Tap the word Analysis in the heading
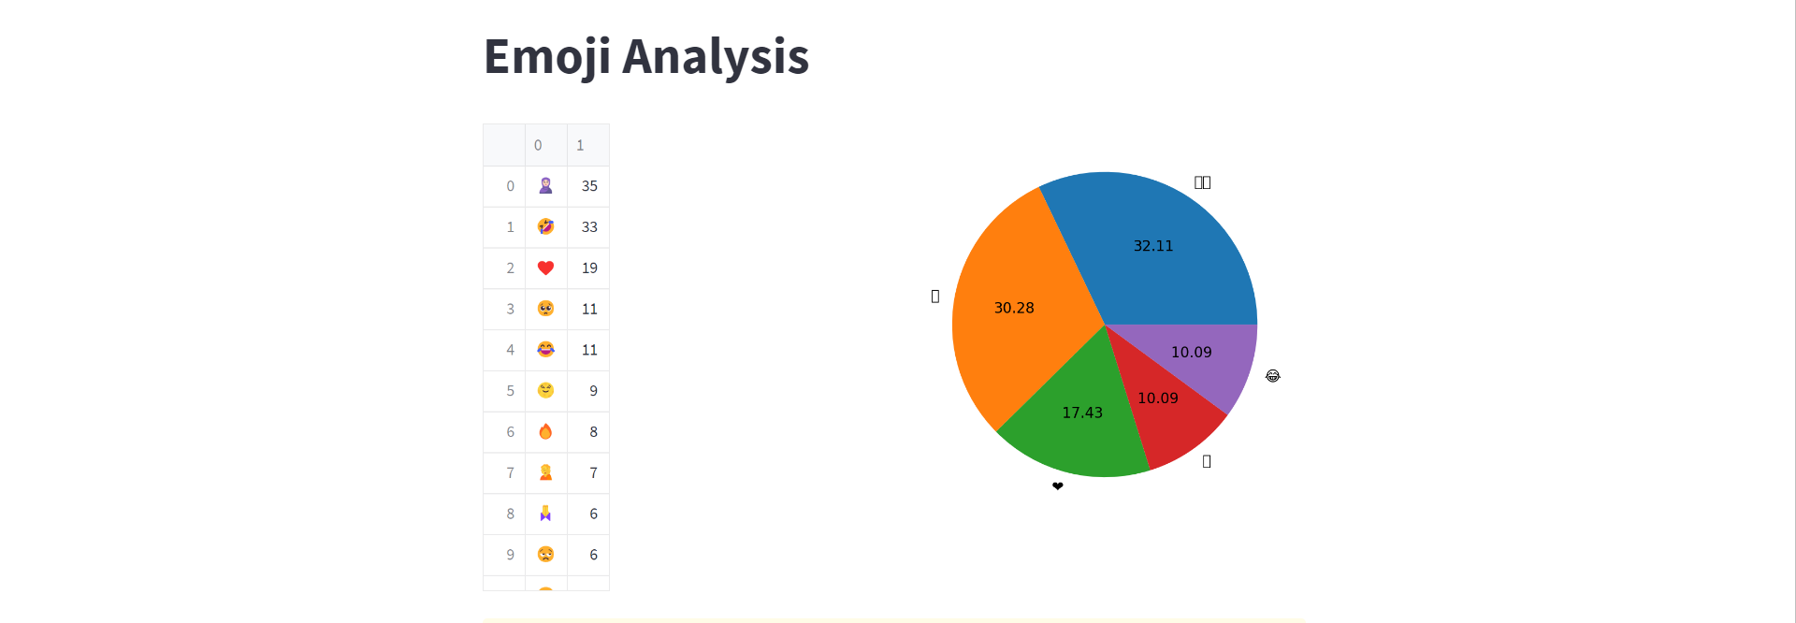716,57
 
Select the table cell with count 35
589,186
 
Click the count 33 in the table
589,227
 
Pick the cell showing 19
589,268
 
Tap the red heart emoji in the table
545,268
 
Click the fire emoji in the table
545,432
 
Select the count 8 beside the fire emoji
593,432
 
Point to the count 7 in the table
593,473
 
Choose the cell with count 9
593,391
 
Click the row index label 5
510,391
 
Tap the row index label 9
510,555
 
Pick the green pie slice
1085,440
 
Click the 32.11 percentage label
1152,246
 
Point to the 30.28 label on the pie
1014,308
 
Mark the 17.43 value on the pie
1082,413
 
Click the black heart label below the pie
1058,486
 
